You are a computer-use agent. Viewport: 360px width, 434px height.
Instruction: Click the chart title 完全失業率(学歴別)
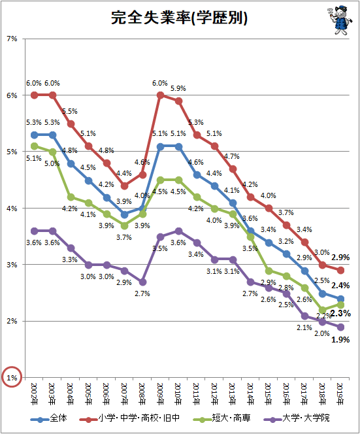pos(179,18)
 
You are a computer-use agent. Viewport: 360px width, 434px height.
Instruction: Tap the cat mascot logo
pos(339,20)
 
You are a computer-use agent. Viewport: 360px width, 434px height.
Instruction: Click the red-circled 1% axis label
pos(12,377)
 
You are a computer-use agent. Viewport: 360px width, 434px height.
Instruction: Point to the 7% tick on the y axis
pos(12,39)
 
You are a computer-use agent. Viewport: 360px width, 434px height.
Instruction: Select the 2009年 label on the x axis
pos(160,394)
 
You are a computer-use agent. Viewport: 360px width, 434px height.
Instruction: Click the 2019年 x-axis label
pos(340,394)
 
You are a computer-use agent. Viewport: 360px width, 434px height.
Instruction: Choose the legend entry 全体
pos(49,418)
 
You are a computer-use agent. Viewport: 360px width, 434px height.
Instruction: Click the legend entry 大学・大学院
pos(297,418)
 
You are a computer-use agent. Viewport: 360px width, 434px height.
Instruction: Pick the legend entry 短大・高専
pos(222,418)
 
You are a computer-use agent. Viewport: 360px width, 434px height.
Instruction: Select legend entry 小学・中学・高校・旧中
pos(129,418)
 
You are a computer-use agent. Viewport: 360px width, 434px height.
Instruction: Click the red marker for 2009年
pos(160,95)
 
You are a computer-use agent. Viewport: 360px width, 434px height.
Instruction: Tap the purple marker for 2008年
pos(142,282)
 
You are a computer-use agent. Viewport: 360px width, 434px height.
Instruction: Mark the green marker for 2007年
pos(125,225)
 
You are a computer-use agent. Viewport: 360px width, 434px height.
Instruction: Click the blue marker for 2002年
pos(35,135)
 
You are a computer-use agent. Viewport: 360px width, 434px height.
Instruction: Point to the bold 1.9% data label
pos(340,340)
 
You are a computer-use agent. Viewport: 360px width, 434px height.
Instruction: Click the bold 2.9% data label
pos(340,258)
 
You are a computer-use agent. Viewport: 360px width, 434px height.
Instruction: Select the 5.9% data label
pos(178,89)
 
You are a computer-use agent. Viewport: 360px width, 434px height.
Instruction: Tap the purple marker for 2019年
pos(340,327)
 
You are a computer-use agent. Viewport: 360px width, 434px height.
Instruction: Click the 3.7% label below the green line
pos(123,237)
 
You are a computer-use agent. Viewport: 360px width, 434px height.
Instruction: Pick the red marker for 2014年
pos(250,197)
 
